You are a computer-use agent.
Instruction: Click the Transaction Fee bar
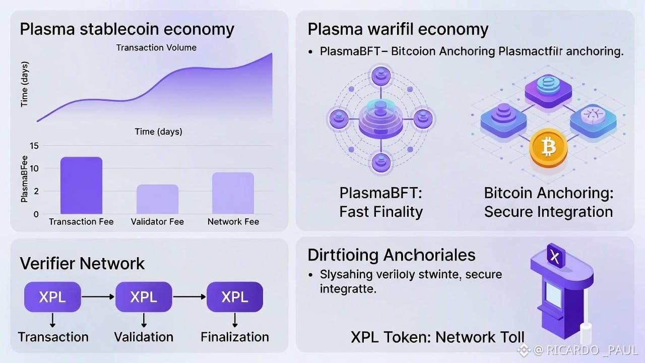81,186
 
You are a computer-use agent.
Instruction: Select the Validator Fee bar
157,199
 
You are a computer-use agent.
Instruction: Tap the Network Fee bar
233,193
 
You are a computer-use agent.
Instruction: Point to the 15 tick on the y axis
34,146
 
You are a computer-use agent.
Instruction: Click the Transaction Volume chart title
156,48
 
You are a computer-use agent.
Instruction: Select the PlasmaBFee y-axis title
24,179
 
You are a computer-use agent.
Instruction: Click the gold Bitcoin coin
548,148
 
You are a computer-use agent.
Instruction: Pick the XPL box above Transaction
52,297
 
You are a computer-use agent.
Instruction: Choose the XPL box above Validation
144,297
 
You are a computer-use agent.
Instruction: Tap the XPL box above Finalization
235,297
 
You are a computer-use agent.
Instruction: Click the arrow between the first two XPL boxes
98,297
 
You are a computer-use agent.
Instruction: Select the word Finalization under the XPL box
235,337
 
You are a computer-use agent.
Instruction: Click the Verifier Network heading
82,263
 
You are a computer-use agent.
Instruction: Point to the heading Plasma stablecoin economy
127,29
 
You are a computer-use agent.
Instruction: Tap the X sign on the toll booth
555,258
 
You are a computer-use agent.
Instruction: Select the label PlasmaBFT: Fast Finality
381,202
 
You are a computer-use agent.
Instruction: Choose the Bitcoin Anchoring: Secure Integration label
548,202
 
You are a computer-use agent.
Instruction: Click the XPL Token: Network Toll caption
437,337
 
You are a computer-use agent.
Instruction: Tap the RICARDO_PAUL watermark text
592,350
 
